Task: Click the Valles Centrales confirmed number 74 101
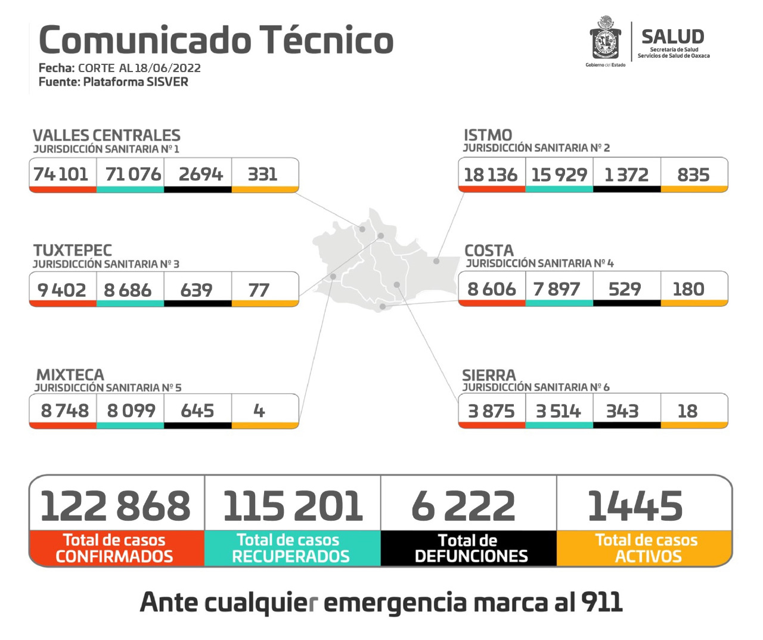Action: coord(61,174)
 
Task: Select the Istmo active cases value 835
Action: coord(693,175)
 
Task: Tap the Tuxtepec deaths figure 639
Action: coord(197,290)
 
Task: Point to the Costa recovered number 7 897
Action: coord(557,289)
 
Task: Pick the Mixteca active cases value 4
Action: coord(259,411)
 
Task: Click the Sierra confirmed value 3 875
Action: coord(491,411)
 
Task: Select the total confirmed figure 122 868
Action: coord(116,506)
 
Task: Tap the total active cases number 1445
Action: coord(635,506)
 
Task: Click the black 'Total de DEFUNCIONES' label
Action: coord(470,548)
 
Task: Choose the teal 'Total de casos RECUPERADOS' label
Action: coord(290,548)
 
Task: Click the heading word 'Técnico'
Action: coord(327,41)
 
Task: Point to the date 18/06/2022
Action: coord(168,68)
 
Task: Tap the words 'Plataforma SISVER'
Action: coord(135,82)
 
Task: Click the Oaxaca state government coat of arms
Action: coord(605,39)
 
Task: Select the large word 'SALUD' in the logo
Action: coord(672,36)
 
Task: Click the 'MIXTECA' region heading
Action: coord(70,375)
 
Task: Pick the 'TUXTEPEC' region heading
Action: coord(73,250)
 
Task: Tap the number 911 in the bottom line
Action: coord(601,602)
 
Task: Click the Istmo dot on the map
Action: coord(436,261)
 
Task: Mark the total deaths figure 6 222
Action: coord(463,506)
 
